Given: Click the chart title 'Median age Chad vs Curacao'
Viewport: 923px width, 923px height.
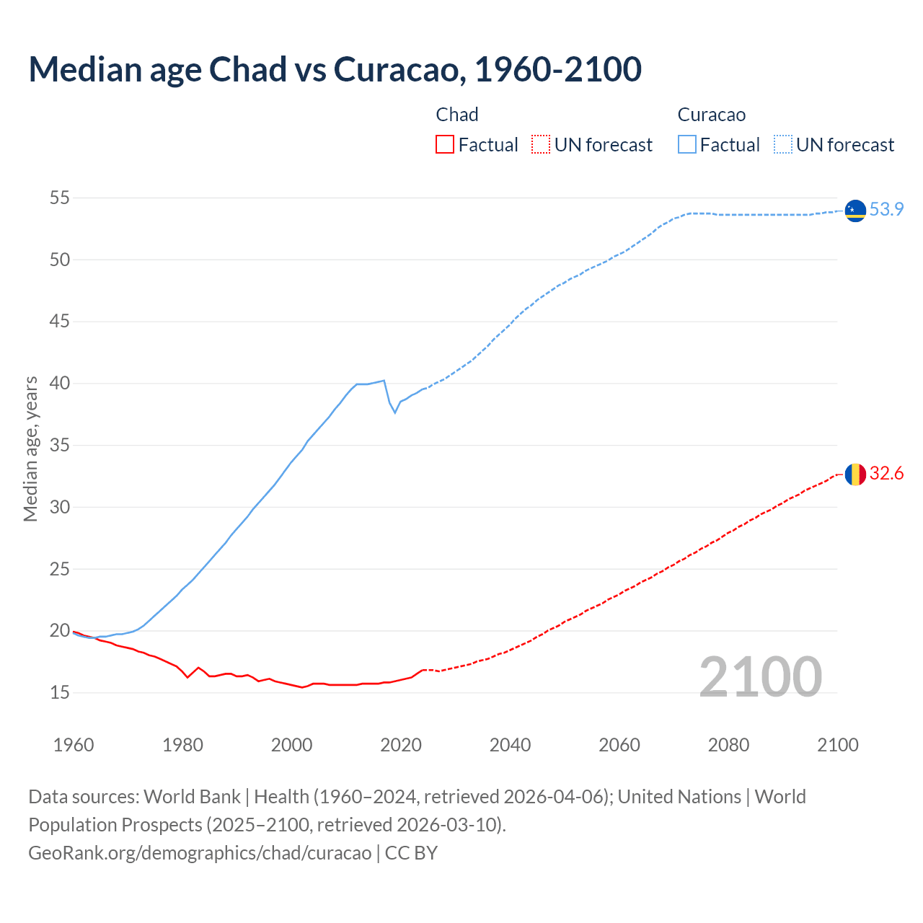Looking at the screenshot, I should [x=335, y=69].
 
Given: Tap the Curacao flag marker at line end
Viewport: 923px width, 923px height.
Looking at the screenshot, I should [x=855, y=210].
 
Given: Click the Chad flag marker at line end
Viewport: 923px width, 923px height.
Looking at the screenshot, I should [x=855, y=474].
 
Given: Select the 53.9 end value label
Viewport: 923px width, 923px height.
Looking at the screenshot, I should [x=886, y=209].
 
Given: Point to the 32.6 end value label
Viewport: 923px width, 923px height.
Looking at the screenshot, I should [x=886, y=474].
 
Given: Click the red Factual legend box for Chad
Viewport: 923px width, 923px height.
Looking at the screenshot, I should [x=445, y=145].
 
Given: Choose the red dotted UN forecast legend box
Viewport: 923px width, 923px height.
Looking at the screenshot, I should [x=541, y=145].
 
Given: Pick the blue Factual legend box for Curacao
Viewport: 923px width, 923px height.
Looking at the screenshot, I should [x=687, y=145].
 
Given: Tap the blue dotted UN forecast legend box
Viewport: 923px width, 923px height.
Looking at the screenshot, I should [x=783, y=145].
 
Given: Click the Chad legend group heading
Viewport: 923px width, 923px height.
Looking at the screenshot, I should [x=457, y=115].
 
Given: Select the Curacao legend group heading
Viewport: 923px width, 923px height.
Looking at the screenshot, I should [x=711, y=115].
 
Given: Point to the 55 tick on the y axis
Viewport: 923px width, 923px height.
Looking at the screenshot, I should [x=60, y=198].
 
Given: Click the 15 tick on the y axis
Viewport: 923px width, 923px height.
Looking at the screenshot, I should [x=60, y=693].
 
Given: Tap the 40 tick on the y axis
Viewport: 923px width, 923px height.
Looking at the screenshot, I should [x=60, y=384].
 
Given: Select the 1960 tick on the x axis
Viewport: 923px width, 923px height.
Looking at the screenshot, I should [x=74, y=745].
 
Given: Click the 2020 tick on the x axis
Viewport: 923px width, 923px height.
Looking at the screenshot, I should [x=401, y=745].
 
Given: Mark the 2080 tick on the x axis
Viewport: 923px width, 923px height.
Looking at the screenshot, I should [x=728, y=745].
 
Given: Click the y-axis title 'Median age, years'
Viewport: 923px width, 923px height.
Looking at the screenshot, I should [x=30, y=449].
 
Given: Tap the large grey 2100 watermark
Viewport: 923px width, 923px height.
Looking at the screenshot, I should [x=760, y=677].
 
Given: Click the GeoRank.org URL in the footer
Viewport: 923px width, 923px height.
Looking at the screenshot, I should [x=200, y=853].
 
